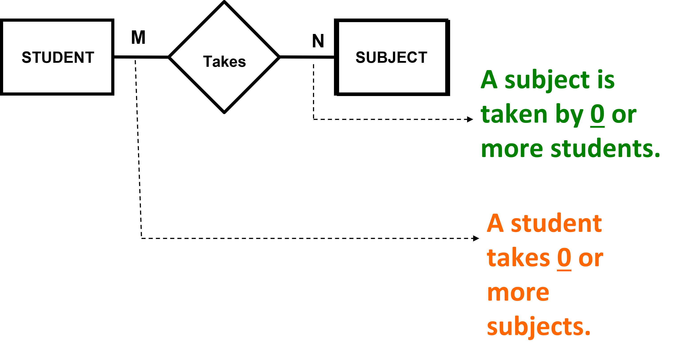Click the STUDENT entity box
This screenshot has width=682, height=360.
tap(57, 57)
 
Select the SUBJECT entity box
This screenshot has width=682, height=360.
tap(392, 57)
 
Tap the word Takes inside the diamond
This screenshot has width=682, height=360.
tap(225, 61)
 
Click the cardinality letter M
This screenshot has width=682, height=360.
tap(138, 37)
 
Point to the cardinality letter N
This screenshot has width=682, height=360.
tap(318, 41)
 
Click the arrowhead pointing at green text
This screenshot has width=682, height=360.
tap(470, 119)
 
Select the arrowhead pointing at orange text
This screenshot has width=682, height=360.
tap(476, 239)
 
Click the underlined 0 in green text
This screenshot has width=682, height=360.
tap(597, 114)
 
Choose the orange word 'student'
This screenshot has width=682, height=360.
tap(556, 224)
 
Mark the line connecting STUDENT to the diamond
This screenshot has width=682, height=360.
tap(141, 57)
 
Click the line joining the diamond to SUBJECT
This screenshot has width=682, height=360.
tap(307, 57)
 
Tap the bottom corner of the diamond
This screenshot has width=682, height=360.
tap(224, 113)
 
